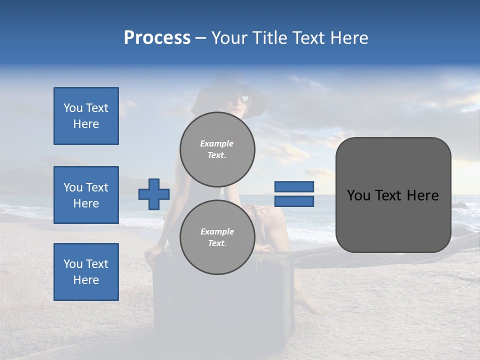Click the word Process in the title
[157, 38]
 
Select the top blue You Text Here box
[86, 116]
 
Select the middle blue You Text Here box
[86, 195]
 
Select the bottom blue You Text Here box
[86, 272]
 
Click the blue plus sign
[154, 194]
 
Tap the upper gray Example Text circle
[217, 149]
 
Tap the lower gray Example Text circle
[217, 237]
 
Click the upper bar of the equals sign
[294, 187]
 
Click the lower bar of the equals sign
[294, 201]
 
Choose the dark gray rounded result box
[393, 195]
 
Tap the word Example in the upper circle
[217, 143]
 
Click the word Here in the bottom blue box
[86, 280]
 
